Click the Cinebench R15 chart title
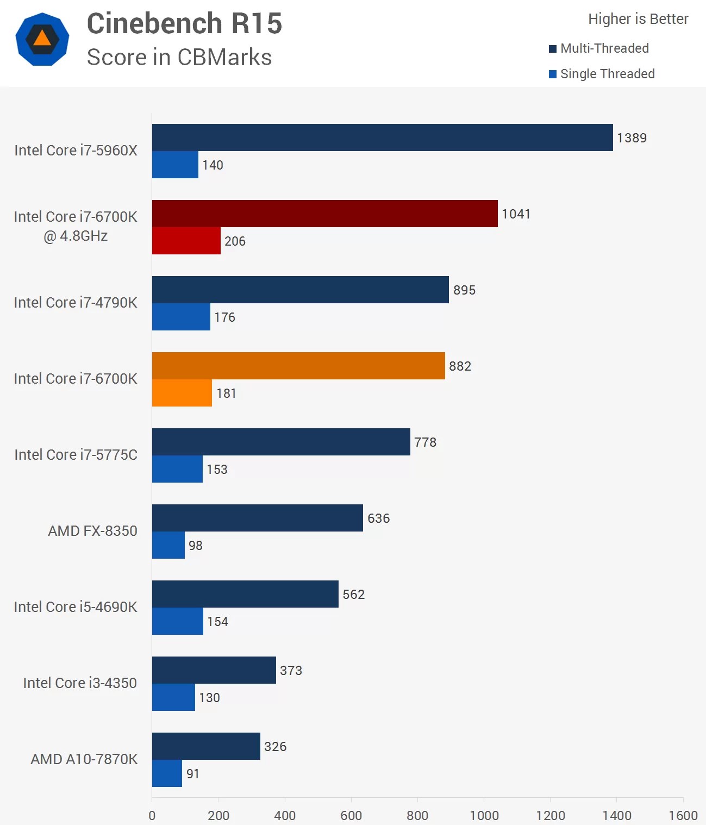[184, 24]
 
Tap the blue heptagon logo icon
[42, 39]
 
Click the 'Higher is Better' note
[638, 19]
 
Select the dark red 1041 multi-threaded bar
[324, 214]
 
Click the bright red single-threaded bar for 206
[186, 241]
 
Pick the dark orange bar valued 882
[298, 366]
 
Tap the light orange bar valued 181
[182, 393]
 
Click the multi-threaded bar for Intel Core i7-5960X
[382, 137]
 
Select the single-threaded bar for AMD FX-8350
[168, 545]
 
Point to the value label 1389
[632, 138]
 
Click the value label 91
[193, 774]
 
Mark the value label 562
[353, 595]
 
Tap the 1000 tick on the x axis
[484, 815]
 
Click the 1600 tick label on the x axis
[683, 815]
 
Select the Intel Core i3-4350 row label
[80, 683]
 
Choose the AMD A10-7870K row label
[84, 759]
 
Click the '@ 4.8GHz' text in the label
[76, 236]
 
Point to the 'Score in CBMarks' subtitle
[179, 58]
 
